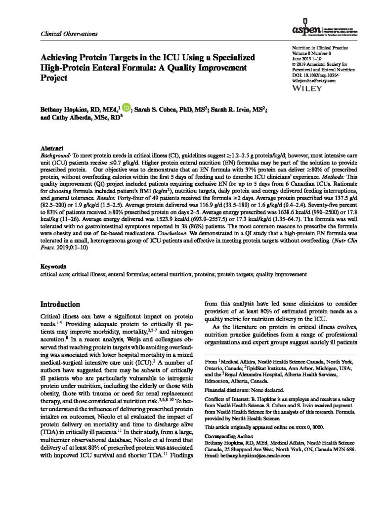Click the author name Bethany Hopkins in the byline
click(x=65, y=108)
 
